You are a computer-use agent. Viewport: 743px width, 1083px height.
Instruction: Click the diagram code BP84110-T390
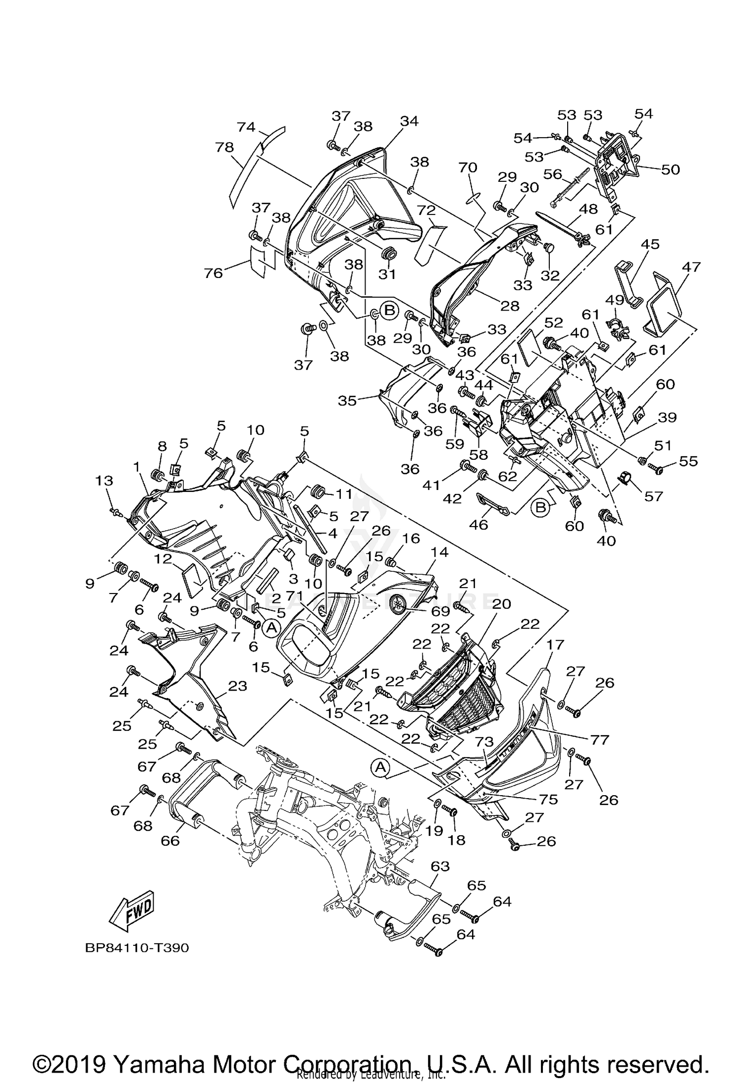[x=137, y=948]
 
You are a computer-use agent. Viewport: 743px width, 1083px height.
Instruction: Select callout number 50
[x=670, y=169]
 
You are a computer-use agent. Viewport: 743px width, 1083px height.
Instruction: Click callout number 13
[x=104, y=481]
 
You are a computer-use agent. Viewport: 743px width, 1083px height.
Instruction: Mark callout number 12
[x=162, y=559]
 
